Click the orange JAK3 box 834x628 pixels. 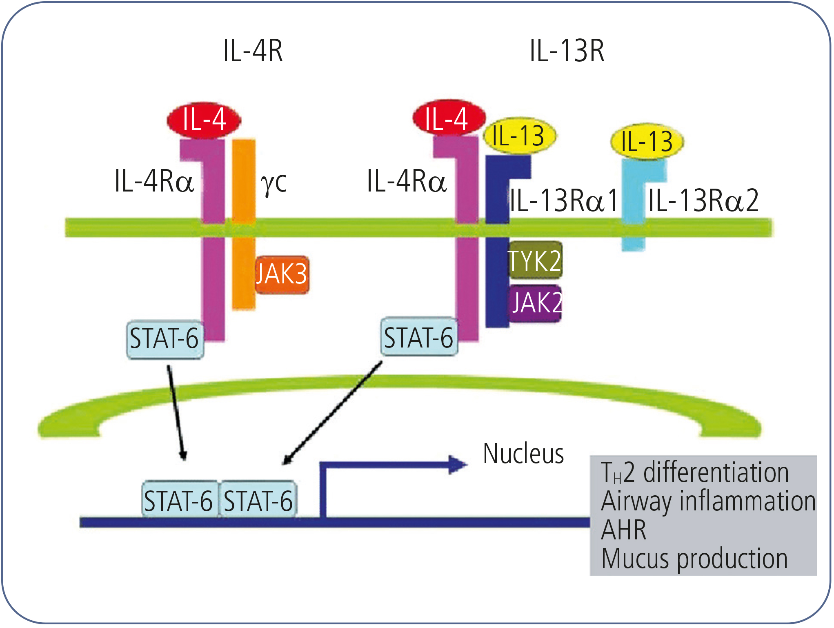pos(282,275)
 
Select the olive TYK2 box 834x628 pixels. pos(535,260)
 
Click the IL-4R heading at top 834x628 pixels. pos(253,51)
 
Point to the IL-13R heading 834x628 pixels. pos(567,51)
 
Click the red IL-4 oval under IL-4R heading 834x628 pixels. pos(204,120)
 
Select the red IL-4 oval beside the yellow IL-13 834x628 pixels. pos(449,118)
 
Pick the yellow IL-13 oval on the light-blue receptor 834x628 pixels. pos(647,141)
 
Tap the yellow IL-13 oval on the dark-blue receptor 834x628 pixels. pos(519,136)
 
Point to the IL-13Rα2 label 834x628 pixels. pos(703,200)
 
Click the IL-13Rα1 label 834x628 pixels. pos(564,200)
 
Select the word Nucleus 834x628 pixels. pos(523,453)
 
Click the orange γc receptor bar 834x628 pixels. pos(244,225)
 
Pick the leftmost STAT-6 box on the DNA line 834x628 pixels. pos(179,500)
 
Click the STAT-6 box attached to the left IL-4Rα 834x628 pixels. pos(165,339)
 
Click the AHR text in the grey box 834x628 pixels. pos(624,530)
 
